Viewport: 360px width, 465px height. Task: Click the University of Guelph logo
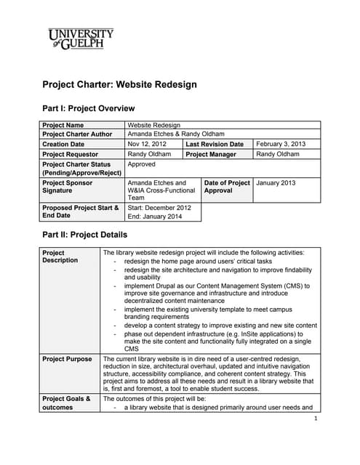(81, 39)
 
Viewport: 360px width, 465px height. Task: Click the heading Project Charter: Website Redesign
(119, 84)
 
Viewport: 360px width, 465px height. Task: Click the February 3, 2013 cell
(281, 144)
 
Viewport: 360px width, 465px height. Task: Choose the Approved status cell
(142, 164)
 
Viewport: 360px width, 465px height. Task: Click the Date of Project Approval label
(227, 187)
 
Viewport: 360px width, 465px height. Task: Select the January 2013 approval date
(276, 183)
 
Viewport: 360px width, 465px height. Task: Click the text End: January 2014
(155, 217)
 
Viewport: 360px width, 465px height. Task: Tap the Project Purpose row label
(68, 359)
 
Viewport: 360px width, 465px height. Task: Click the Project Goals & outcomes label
(66, 403)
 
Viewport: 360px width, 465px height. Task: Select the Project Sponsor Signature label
(70, 187)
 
